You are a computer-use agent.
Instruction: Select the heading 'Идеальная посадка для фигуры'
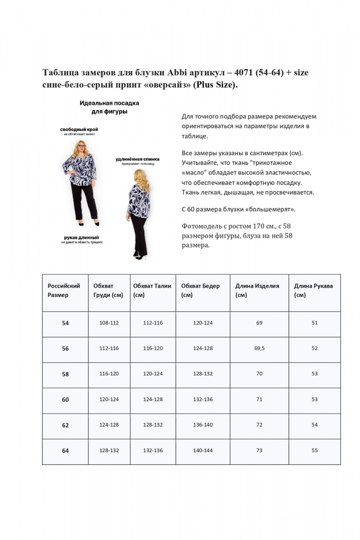pyautogui.click(x=109, y=107)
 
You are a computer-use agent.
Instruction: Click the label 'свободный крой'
pyautogui.click(x=79, y=130)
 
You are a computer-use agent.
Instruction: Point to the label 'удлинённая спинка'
pyautogui.click(x=137, y=159)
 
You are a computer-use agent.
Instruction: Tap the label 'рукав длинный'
pyautogui.click(x=81, y=237)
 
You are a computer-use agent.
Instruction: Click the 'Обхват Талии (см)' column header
pyautogui.click(x=153, y=290)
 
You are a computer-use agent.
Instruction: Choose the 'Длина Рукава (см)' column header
pyautogui.click(x=314, y=290)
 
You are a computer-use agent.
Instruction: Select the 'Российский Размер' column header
pyautogui.click(x=64, y=290)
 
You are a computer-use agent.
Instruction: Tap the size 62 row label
pyautogui.click(x=65, y=425)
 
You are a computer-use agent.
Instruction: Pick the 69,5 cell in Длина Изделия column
pyautogui.click(x=259, y=348)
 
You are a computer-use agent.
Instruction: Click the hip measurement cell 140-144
pyautogui.click(x=202, y=450)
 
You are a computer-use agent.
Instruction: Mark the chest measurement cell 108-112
pyautogui.click(x=109, y=323)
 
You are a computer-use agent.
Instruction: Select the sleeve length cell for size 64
pyautogui.click(x=314, y=450)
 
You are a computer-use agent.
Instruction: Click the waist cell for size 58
pyautogui.click(x=153, y=374)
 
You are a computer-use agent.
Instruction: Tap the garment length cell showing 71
pyautogui.click(x=259, y=400)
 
